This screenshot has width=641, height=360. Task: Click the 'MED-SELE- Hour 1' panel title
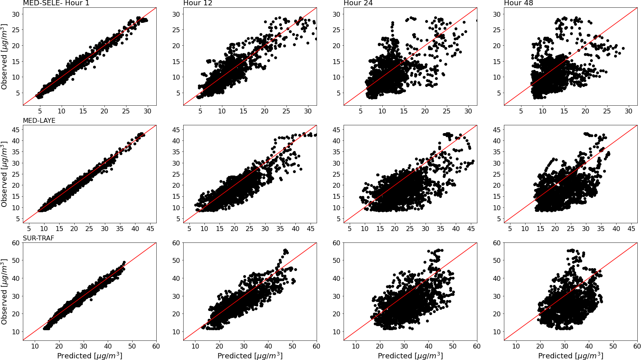pos(56,3)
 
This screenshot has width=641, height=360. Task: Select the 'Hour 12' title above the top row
pos(198,3)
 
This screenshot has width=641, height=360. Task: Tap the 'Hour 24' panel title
pos(358,3)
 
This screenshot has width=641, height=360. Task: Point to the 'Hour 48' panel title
pos(519,3)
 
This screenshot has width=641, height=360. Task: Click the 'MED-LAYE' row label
pos(39,121)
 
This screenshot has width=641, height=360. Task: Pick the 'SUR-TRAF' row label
pos(38,238)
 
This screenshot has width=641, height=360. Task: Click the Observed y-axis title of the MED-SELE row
pos(4,57)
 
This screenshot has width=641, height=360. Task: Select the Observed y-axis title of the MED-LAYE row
pos(4,174)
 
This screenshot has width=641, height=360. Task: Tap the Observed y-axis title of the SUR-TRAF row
pos(4,292)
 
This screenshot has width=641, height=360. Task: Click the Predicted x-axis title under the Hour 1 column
pos(90,356)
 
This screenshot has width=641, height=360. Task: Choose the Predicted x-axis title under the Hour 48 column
pos(571,356)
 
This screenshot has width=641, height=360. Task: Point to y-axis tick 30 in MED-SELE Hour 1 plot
pos(16,14)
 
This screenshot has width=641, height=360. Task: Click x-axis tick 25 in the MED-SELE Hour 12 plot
pos(286,111)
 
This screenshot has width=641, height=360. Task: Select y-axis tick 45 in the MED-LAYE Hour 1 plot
pos(16,130)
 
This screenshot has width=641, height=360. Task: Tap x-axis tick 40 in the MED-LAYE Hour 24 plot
pos(456,229)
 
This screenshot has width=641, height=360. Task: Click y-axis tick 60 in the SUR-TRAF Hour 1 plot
pos(16,243)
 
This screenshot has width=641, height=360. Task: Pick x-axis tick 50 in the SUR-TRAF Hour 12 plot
pos(293,346)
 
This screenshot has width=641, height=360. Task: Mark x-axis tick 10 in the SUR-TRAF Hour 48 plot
pos(516,346)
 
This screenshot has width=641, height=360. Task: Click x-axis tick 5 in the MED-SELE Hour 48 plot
pos(521,111)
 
